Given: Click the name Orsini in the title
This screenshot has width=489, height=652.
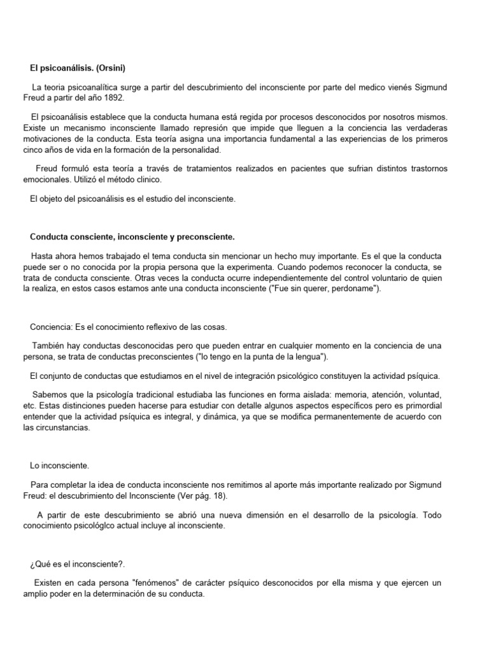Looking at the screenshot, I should coord(115,67).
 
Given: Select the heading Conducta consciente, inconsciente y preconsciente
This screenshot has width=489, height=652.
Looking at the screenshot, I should coord(132,237).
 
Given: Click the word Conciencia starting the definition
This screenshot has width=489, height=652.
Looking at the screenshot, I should coord(52,327).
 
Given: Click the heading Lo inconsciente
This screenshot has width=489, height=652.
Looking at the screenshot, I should coord(60,466).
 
